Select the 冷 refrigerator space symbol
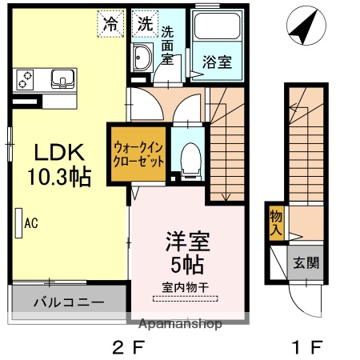[111, 23]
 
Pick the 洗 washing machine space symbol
[144, 23]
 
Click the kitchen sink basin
[62, 78]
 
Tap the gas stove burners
[25, 79]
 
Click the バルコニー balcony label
[68, 303]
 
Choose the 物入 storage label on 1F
[276, 223]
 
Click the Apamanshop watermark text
[182, 325]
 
